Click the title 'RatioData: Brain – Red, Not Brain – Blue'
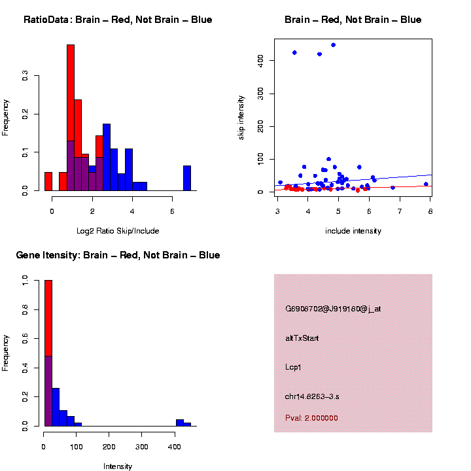pos(118,20)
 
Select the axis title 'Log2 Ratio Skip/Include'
pos(118,231)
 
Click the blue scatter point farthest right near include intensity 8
pos(425,184)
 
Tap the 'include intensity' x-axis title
pos(353,231)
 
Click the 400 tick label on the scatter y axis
pos(260,60)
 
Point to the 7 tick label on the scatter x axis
pos(400,211)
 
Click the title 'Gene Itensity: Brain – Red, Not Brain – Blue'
pos(118,255)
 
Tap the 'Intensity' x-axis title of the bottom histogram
pos(118,466)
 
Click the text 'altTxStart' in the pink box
pos(302,338)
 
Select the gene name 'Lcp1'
pos(293,368)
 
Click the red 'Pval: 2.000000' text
pos(311,417)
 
